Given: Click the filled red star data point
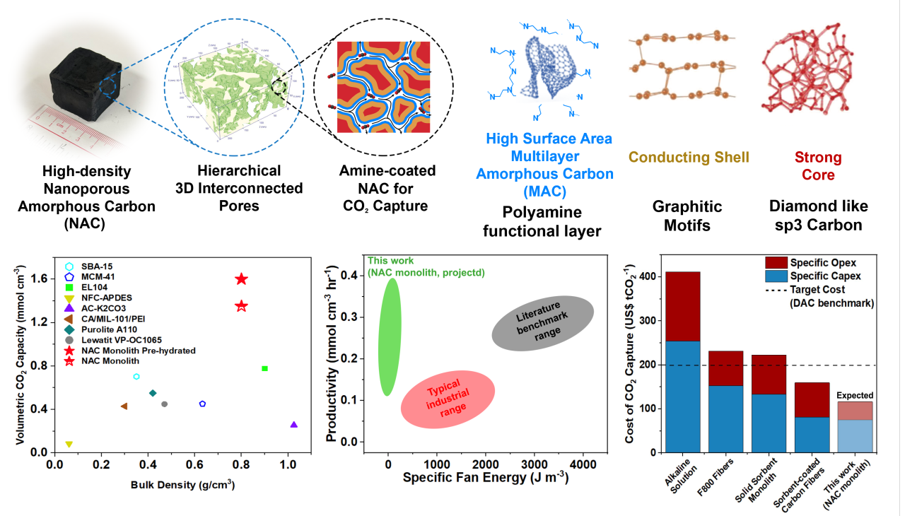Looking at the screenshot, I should click(241, 279).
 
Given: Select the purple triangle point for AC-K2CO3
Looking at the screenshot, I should click(293, 425).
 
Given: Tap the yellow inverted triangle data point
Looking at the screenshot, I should click(69, 445).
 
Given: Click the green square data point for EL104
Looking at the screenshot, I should click(264, 368).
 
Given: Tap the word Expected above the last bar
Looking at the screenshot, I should click(855, 395).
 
